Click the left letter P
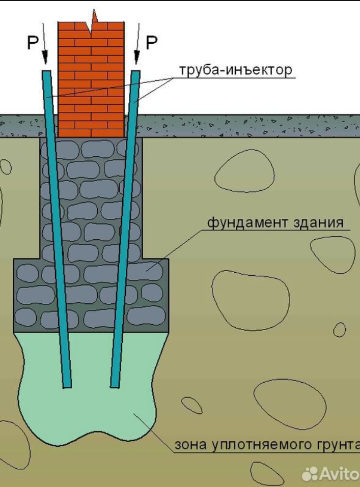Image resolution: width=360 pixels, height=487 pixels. pyautogui.click(x=33, y=43)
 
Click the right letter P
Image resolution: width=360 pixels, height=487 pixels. pyautogui.click(x=151, y=43)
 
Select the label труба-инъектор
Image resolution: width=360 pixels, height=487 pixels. pyautogui.click(x=235, y=70)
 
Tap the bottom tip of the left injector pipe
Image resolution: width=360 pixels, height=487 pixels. pyautogui.click(x=67, y=385)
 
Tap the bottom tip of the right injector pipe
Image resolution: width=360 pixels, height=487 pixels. pyautogui.click(x=115, y=385)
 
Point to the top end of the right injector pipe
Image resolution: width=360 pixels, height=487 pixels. pyautogui.click(x=136, y=72)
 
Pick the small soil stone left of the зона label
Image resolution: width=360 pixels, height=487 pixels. pyautogui.click(x=192, y=405)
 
